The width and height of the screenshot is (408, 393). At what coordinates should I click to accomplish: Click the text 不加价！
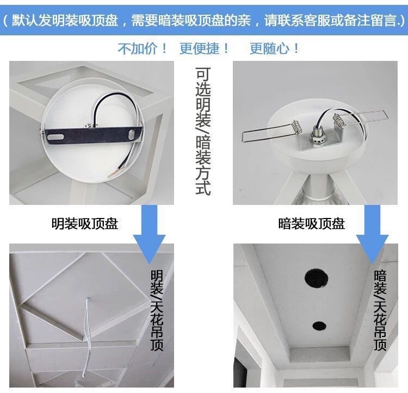[143, 48]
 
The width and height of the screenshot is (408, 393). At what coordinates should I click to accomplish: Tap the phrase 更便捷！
[205, 48]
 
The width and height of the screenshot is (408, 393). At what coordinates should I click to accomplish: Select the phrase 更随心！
[275, 48]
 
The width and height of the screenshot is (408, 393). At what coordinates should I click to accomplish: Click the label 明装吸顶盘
[85, 223]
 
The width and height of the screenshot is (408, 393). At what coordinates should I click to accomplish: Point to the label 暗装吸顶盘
[311, 223]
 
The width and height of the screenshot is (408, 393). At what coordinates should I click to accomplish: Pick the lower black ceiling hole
[319, 326]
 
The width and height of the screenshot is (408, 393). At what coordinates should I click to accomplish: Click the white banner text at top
[203, 22]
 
